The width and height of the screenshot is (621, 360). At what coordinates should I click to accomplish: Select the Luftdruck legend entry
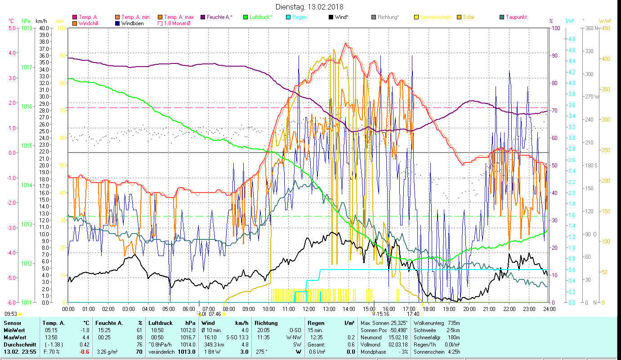click(260, 17)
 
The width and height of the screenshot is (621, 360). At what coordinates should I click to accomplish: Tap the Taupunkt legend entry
click(516, 17)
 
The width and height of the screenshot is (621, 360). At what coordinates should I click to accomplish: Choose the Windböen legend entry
click(132, 23)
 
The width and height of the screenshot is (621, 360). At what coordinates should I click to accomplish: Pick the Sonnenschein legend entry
click(435, 17)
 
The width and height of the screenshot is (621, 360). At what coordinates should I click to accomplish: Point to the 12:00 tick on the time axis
click(309, 309)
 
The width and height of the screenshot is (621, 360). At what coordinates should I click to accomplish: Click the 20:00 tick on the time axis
click(469, 309)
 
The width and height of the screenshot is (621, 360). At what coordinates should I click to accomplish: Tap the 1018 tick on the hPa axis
click(27, 28)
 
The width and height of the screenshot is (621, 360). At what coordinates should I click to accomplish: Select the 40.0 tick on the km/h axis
click(44, 28)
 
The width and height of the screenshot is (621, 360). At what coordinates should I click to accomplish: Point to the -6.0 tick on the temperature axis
click(11, 302)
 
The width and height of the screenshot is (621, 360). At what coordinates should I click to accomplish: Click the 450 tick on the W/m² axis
click(606, 28)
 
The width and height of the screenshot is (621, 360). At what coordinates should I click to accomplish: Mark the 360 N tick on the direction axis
click(589, 28)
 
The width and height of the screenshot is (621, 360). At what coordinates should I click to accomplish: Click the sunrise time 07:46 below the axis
click(215, 314)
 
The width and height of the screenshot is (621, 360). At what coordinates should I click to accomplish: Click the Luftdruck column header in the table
click(159, 323)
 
